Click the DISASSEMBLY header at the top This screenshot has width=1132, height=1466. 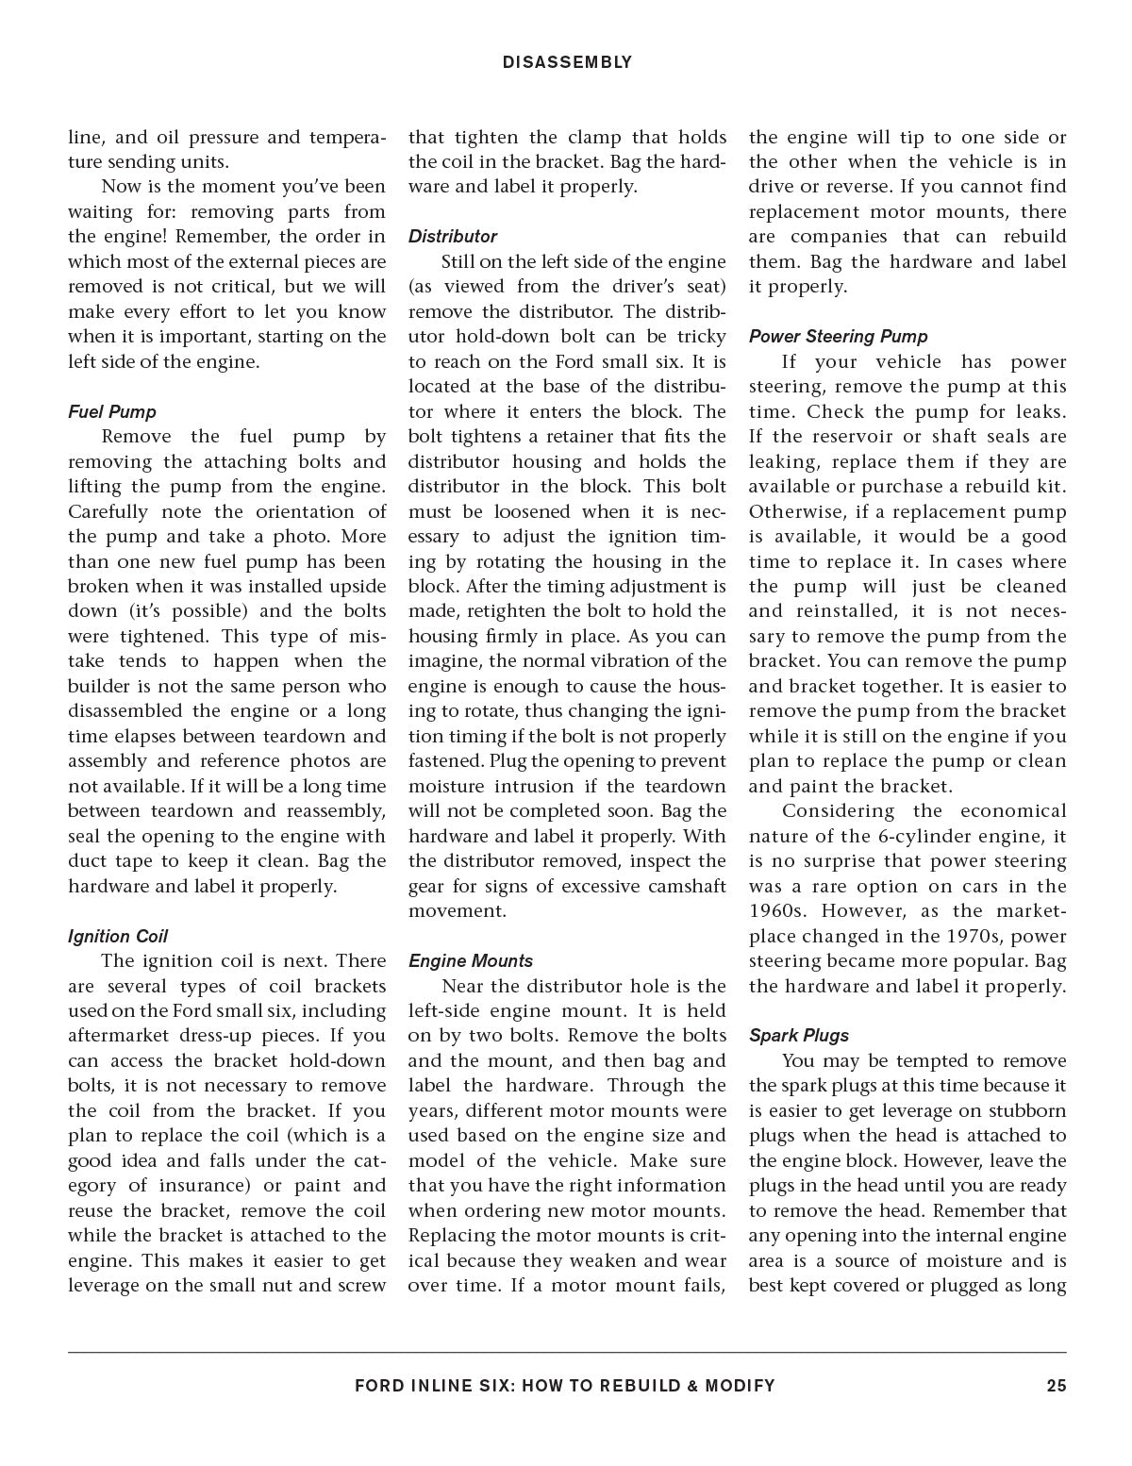click(x=567, y=62)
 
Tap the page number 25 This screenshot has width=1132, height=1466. click(x=1056, y=1386)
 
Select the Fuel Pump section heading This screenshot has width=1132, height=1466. click(x=112, y=411)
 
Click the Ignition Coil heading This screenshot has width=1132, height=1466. click(x=118, y=936)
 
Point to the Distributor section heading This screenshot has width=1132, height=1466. click(x=453, y=236)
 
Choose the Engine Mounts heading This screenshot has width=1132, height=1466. click(x=471, y=960)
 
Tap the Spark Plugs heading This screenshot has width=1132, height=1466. click(x=799, y=1035)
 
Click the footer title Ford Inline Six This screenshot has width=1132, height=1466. click(x=565, y=1386)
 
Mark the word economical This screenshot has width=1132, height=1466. click(x=1013, y=811)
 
